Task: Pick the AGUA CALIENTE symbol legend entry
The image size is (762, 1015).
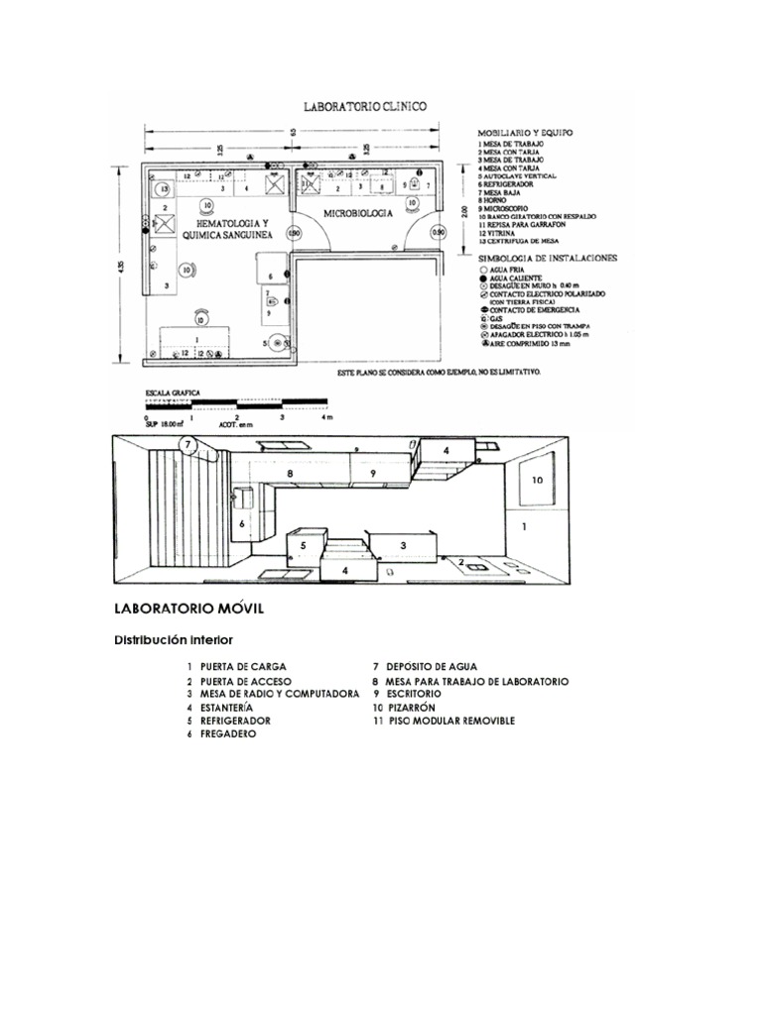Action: click(x=513, y=278)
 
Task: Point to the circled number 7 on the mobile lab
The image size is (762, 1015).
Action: click(x=188, y=445)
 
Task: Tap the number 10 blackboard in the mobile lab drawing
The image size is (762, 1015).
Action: click(x=537, y=480)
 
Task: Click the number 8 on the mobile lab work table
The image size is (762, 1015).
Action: click(x=290, y=475)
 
